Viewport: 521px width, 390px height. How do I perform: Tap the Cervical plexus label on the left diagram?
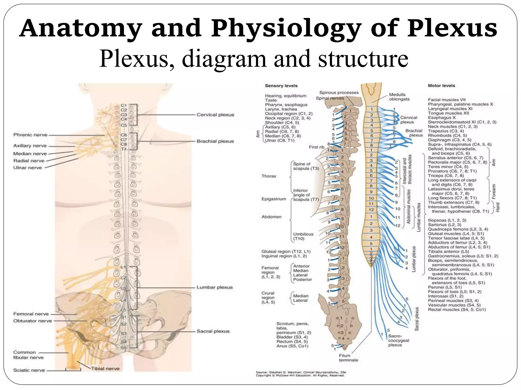click(x=215, y=115)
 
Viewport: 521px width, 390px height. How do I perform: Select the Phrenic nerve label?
click(x=31, y=135)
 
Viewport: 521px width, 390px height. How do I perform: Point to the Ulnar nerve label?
click(x=27, y=168)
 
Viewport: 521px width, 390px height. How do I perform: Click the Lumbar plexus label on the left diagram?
click(x=215, y=287)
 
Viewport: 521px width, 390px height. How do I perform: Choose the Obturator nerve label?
click(x=33, y=321)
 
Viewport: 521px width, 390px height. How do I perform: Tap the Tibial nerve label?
click(x=105, y=368)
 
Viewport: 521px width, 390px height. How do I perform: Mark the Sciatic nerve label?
click(x=29, y=370)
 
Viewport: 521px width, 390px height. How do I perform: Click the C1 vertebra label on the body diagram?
click(x=124, y=105)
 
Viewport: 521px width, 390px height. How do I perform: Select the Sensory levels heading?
click(x=281, y=86)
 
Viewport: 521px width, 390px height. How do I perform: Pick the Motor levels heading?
click(x=441, y=86)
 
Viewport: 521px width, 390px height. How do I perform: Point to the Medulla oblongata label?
click(x=399, y=97)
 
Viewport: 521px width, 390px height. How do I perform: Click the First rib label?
click(x=316, y=147)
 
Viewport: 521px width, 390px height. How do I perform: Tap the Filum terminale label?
click(x=348, y=358)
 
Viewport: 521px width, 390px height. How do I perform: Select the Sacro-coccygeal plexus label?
click(x=398, y=340)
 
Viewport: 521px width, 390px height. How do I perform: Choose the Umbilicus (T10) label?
click(x=303, y=236)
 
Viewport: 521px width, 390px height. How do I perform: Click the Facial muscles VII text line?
click(x=447, y=100)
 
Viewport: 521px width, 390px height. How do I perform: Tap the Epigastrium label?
click(x=274, y=199)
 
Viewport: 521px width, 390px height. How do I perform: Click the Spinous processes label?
click(x=339, y=93)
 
